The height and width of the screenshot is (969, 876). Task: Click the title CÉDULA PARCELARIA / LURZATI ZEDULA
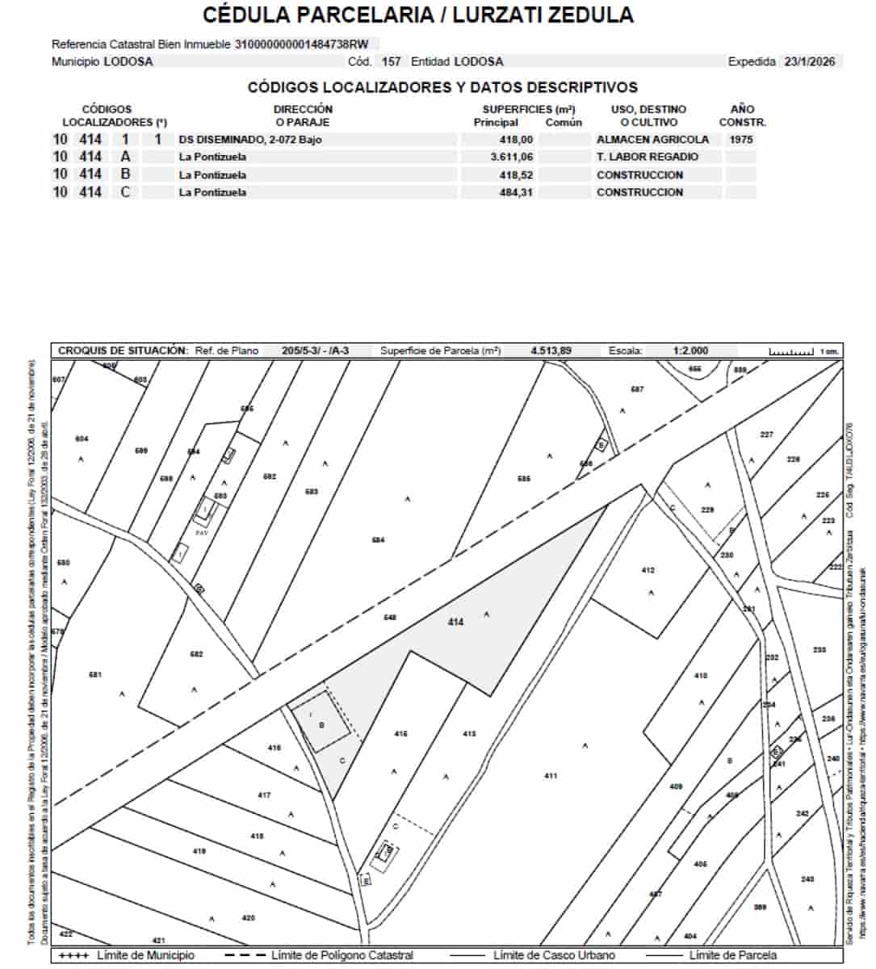coord(417,15)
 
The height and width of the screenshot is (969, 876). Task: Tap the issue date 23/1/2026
coord(810,61)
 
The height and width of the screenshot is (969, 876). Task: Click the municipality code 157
coord(391,61)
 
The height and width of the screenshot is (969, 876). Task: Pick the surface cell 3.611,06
coord(511,157)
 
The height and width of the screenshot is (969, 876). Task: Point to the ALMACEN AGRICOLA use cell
coord(652,139)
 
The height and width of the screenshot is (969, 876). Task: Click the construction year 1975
coord(740,139)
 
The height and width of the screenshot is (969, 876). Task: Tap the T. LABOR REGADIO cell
coord(647,157)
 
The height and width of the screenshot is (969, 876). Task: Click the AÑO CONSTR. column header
coord(741,115)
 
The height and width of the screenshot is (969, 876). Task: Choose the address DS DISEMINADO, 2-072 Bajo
coord(254,139)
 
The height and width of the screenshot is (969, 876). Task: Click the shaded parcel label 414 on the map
coord(456,622)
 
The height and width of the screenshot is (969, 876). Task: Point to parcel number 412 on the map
coord(648,570)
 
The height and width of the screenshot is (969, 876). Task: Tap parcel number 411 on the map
coord(550,776)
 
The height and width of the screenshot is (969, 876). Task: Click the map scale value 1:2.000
coord(689,350)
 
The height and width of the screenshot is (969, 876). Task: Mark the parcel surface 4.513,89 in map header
coord(551,350)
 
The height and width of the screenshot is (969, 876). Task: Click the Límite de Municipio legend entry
coord(145,955)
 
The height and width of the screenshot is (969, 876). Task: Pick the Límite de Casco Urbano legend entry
coord(553,955)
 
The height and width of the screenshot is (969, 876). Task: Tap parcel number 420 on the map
coord(248,917)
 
